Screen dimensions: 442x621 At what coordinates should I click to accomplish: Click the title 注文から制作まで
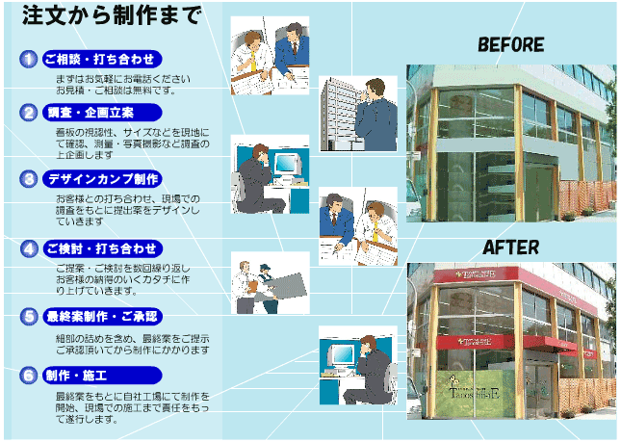pos(112,17)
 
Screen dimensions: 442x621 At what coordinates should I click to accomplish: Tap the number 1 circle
pos(29,59)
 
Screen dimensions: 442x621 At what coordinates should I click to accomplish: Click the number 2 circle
pos(29,113)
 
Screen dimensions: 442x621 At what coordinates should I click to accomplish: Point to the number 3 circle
pos(29,179)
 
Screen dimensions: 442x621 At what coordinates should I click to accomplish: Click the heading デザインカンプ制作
pos(103,179)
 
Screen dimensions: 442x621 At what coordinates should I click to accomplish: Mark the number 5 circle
pos(29,316)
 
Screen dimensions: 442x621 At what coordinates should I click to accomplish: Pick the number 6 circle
pos(29,375)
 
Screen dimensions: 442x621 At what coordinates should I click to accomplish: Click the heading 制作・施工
pos(82,375)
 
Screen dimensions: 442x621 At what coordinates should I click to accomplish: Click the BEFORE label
pos(510,45)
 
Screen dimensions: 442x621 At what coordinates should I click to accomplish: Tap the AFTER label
pos(510,247)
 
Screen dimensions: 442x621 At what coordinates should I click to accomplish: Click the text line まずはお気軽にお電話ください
pos(122,77)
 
